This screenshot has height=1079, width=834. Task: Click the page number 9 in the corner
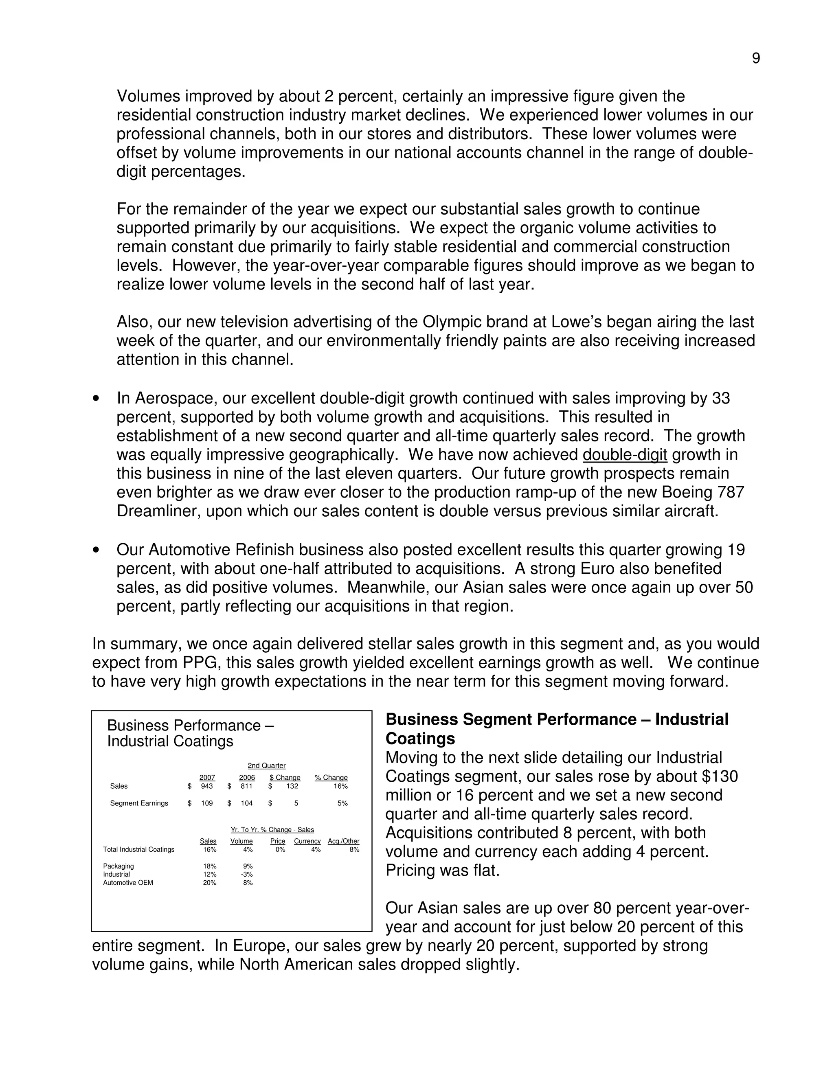coord(755,59)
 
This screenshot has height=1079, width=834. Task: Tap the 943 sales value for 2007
coord(206,786)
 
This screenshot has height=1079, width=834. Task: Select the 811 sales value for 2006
coord(246,786)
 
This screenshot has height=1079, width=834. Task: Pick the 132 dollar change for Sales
coord(292,786)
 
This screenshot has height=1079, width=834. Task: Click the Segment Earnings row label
coord(139,803)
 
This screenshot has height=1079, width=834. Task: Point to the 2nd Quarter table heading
coord(266,766)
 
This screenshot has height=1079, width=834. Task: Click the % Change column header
coord(331,778)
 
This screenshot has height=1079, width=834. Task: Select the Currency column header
coord(307,841)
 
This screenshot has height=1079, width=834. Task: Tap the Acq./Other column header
coord(343,841)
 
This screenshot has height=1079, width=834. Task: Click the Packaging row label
coord(118,866)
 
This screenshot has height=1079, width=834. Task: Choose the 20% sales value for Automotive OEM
coord(209,883)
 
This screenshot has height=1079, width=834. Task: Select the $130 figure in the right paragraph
coord(720,776)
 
